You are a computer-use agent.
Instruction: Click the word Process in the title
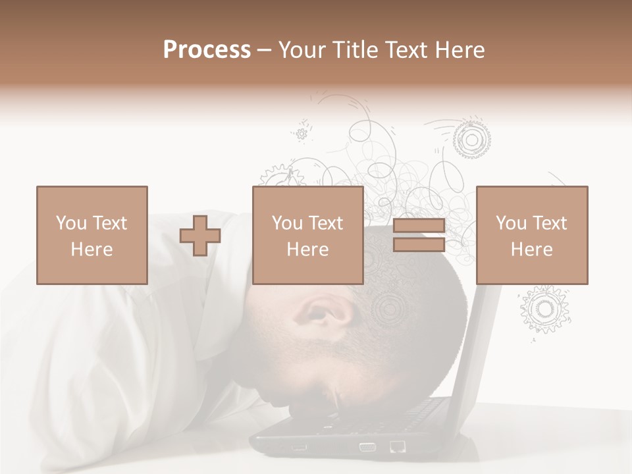coord(207,50)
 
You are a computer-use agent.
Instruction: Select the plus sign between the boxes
coord(200,236)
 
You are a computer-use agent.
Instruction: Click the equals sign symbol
coord(419,236)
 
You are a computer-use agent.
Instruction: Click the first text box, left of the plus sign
coord(92,236)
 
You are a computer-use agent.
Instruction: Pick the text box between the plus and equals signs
coord(308,236)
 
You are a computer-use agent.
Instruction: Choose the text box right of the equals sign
coord(532,236)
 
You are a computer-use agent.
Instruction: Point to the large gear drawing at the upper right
coord(471,139)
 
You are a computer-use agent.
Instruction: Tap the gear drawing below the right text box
coord(544,308)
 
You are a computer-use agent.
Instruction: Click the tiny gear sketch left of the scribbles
coord(302,134)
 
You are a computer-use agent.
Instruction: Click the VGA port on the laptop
coord(367,447)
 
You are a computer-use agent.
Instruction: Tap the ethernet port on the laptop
coord(398,447)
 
